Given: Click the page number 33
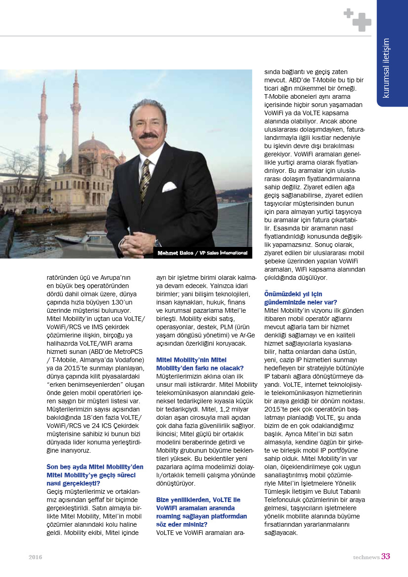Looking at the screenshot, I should pyautogui.click(x=386, y=556).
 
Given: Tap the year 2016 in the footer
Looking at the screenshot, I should pyautogui.click(x=35, y=557).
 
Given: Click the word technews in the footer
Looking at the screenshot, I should pyautogui.click(x=366, y=557).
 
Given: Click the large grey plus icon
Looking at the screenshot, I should pyautogui.click(x=362, y=22).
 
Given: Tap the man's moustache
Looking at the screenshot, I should pyautogui.click(x=149, y=136).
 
